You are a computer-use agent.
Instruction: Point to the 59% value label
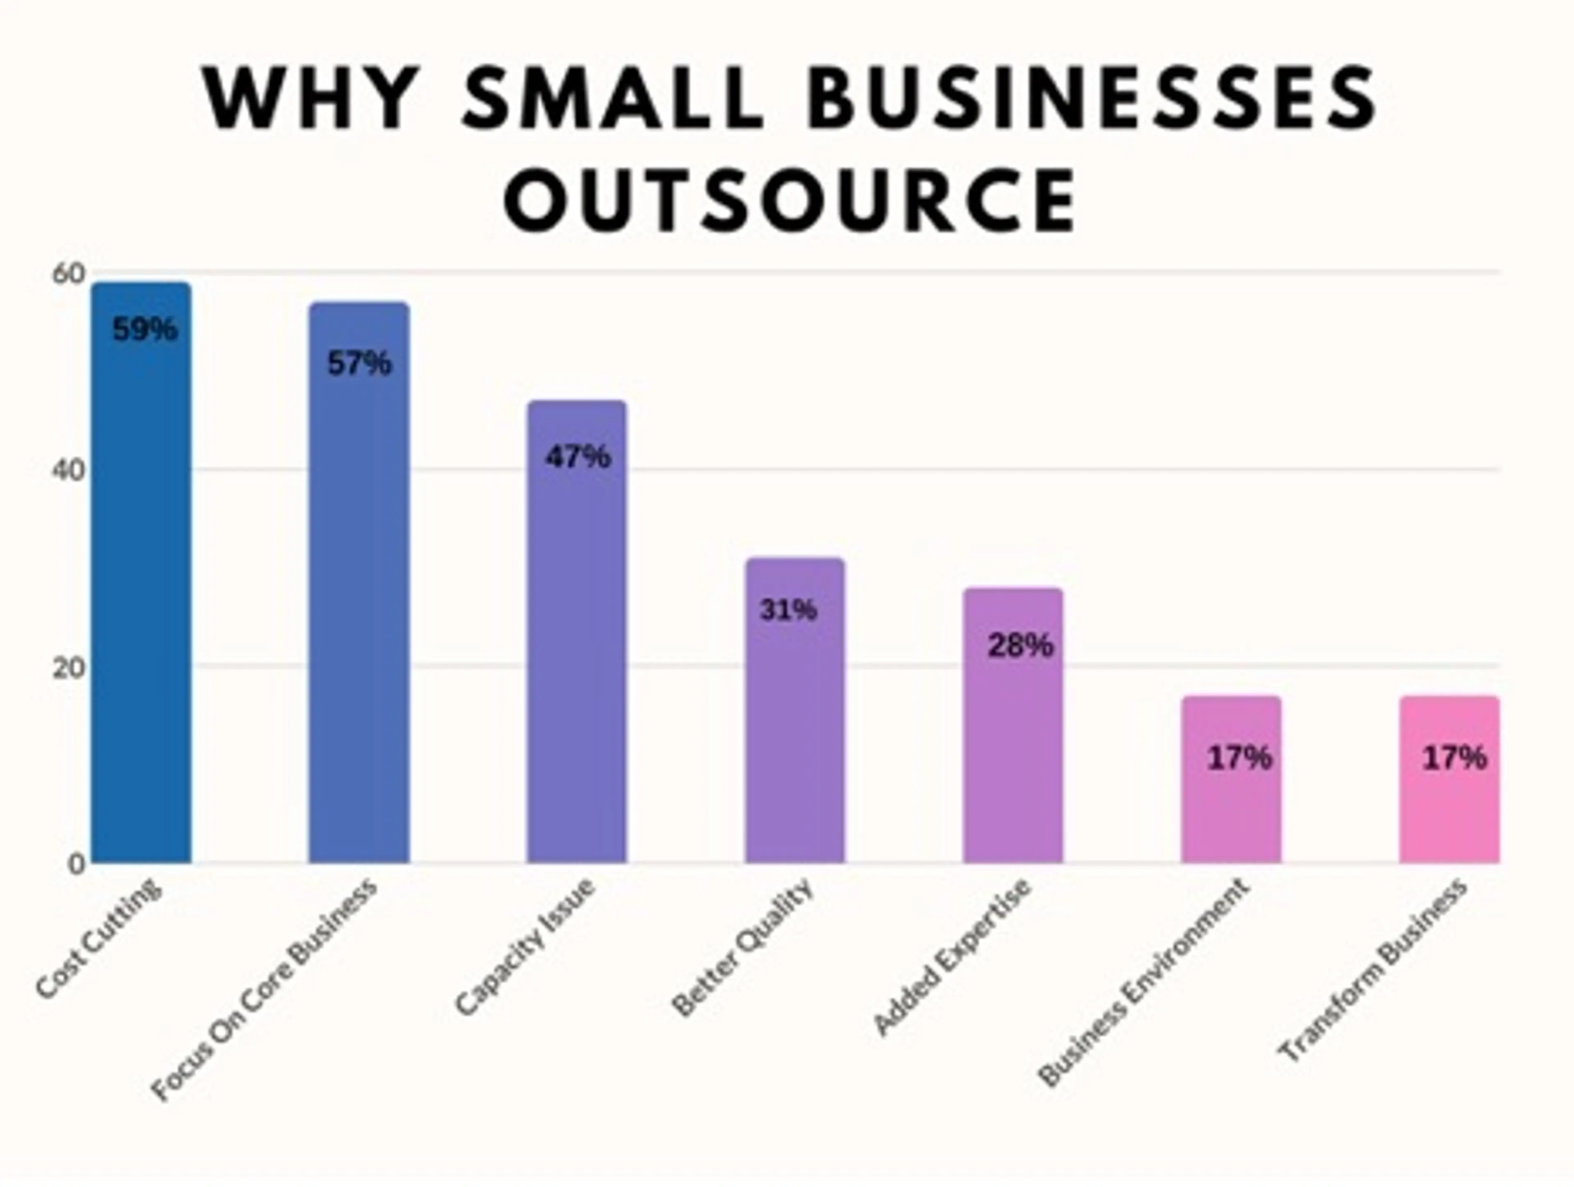point(144,330)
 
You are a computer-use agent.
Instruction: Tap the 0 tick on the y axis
point(76,864)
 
